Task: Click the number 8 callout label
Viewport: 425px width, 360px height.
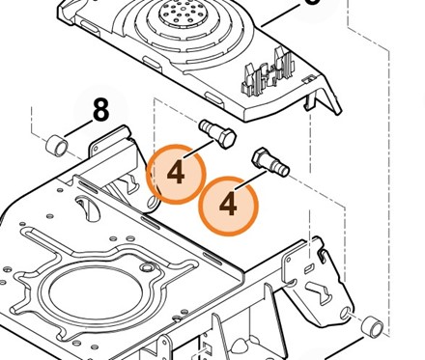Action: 100,110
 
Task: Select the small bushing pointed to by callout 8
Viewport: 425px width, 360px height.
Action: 57,146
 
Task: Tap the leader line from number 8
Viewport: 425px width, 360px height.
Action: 78,128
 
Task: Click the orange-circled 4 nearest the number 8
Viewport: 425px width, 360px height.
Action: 176,174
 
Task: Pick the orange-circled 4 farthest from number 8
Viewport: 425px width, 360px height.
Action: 228,206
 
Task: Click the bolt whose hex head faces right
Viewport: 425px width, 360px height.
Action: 218,133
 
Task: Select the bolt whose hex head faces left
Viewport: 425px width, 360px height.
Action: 270,162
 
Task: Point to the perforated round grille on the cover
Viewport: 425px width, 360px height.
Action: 182,14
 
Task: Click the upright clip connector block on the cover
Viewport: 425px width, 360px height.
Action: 269,74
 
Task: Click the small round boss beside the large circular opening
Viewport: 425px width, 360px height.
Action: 148,267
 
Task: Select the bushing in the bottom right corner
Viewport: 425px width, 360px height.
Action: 373,326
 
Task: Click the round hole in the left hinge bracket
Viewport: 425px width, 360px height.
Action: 153,203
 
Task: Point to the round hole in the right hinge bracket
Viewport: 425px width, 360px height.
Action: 345,313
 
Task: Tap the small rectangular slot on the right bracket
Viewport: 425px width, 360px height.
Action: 309,268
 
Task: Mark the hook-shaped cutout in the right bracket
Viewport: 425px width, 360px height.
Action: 318,292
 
